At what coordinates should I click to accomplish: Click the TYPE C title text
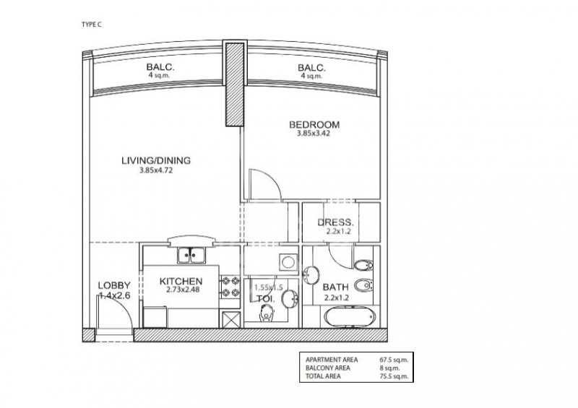pos(91,25)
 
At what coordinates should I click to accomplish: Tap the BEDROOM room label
pos(314,125)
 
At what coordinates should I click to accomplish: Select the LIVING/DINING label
pos(156,161)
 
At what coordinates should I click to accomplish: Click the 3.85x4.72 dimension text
pos(156,170)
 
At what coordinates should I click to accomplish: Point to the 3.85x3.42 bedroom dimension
pos(314,134)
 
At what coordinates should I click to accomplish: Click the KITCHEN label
pos(181,282)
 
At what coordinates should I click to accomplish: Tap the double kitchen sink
pos(191,255)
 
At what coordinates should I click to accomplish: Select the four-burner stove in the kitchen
pos(230,287)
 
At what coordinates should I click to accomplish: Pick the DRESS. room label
pos(335,222)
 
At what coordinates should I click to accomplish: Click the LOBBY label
pos(114,285)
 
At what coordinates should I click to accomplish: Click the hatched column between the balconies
pos(235,84)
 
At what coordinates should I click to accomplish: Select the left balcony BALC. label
pos(160,67)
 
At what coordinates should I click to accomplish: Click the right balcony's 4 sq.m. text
pos(311,76)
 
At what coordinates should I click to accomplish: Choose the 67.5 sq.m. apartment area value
pos(394,360)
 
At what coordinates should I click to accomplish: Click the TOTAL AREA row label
pos(323,376)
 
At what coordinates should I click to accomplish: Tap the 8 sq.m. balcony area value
pos(389,368)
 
